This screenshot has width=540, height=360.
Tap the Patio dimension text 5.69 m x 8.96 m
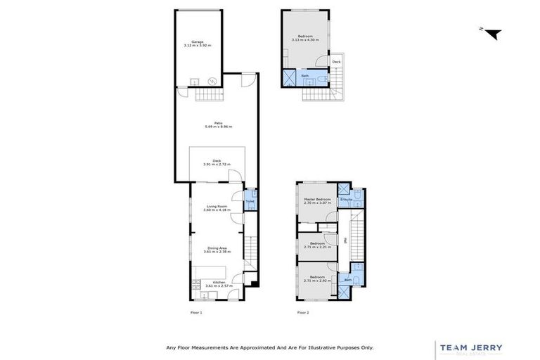(218, 127)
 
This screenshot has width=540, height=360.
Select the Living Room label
(217, 206)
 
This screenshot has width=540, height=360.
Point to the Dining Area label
(217, 247)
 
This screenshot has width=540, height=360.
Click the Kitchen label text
(219, 282)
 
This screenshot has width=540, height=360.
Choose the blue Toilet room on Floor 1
(250, 201)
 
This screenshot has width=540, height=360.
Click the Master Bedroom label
(317, 200)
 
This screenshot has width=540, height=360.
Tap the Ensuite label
(346, 200)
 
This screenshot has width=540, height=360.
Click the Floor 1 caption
(196, 312)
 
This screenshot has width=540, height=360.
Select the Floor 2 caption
(303, 312)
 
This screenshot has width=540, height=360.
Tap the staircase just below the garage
(208, 95)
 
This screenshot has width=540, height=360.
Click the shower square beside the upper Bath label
(290, 77)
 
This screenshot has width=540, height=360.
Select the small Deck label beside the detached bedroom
(336, 62)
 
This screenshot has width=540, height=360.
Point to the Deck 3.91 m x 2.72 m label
(217, 162)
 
